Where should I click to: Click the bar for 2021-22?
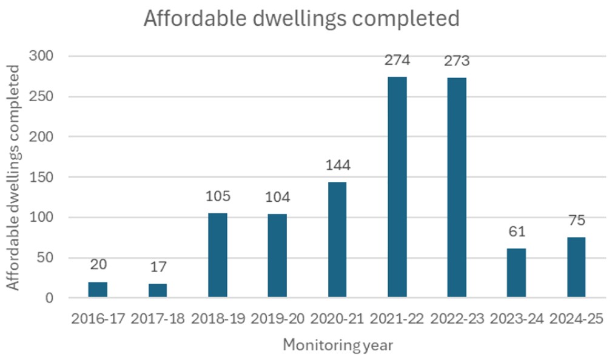tap(397, 187)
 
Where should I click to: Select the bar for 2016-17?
tap(98, 290)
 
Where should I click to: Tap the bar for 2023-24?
tap(516, 273)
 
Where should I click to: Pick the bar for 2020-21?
tap(337, 240)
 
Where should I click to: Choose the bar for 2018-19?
tap(217, 255)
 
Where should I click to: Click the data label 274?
tap(397, 61)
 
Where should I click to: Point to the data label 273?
tap(457, 61)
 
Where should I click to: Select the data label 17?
tap(158, 267)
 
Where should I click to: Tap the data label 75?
tap(576, 221)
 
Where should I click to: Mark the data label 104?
tap(277, 198)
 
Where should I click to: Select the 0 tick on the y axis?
tap(49, 298)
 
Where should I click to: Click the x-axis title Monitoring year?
tap(337, 345)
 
